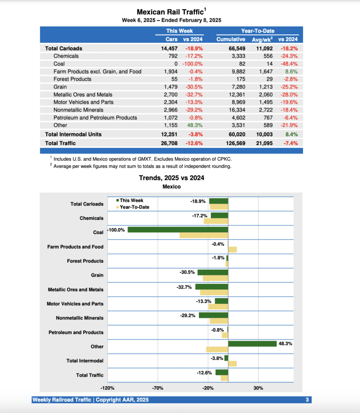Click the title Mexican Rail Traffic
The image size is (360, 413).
pos(170,12)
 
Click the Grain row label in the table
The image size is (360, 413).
pos(60,87)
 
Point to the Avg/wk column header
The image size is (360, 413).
pos(262,39)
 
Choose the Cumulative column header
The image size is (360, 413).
pos(231,39)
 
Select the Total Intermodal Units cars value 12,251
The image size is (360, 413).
pos(169,134)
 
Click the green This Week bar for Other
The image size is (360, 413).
pos(252,344)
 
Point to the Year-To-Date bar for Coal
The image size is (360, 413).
pos(204,235)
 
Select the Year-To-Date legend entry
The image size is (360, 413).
pos(134,207)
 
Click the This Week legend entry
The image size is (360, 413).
pos(131,200)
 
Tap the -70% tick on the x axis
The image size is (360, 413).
pos(157,388)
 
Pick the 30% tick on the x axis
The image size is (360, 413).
pos(258,388)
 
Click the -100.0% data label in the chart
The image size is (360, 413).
pos(116,229)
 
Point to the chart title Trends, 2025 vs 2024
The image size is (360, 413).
pos(171,177)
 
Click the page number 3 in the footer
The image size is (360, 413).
pos(307,400)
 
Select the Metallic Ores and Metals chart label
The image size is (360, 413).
pos(75,290)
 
